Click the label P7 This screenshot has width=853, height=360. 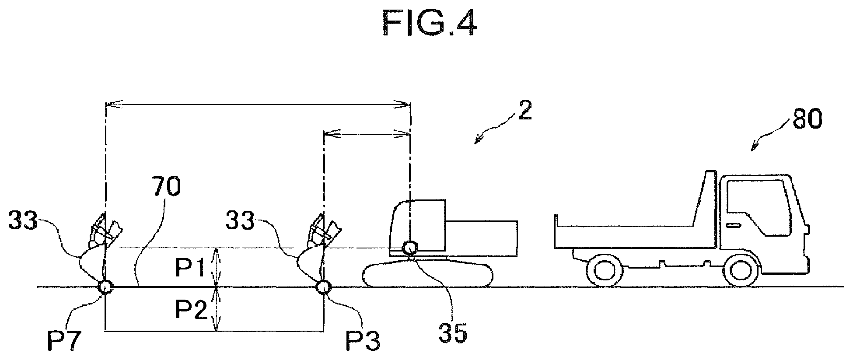(64, 342)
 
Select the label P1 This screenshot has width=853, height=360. (190, 268)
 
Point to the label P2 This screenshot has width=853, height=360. (191, 310)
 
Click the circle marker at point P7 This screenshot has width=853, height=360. (105, 287)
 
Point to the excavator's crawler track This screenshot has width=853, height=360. (428, 274)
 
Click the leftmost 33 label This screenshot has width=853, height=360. (23, 220)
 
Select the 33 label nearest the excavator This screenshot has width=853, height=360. (240, 220)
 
